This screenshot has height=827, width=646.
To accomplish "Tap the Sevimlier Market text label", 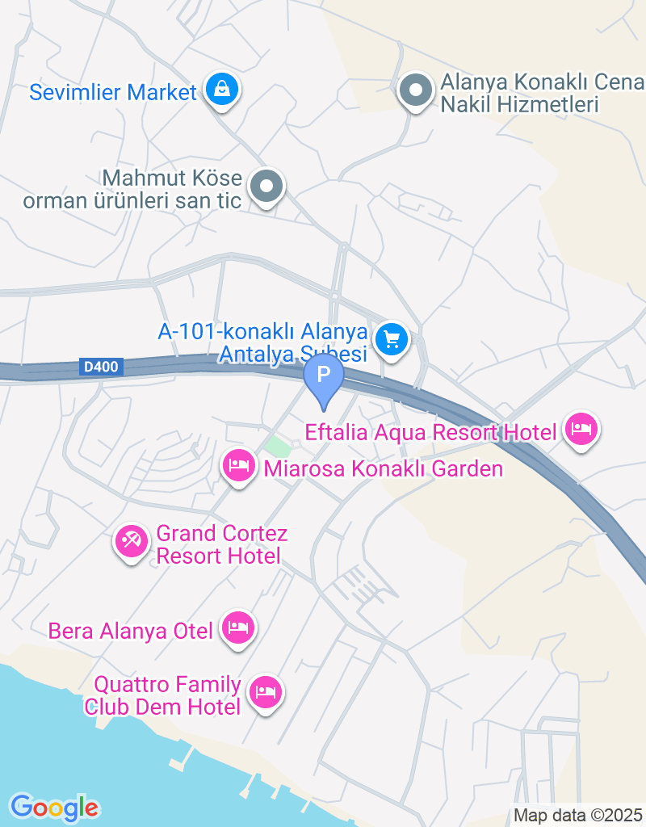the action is (x=113, y=92).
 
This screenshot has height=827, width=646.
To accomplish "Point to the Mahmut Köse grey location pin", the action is (x=266, y=187).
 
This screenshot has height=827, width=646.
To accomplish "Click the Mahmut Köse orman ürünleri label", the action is (x=132, y=189).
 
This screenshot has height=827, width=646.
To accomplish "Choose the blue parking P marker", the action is (x=324, y=376).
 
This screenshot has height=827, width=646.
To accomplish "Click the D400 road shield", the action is (x=101, y=367).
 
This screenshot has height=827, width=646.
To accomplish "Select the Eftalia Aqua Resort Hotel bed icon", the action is (x=581, y=429).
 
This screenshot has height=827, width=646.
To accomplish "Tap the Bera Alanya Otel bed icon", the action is (x=237, y=627).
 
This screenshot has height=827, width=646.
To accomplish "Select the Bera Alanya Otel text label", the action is (x=130, y=630).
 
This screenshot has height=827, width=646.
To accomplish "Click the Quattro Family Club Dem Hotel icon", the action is (x=265, y=691).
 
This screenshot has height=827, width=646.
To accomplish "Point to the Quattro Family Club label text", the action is (x=168, y=696).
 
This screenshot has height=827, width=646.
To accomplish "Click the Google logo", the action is (x=54, y=807).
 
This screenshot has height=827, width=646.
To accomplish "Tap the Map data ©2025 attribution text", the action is (x=577, y=815).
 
